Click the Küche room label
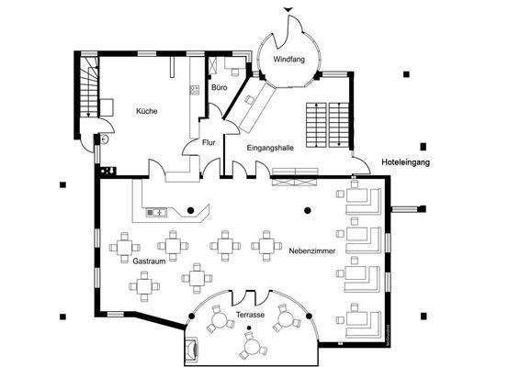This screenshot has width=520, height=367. [146, 111]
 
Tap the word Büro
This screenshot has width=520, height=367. [219, 87]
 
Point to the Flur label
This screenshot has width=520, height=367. [209, 143]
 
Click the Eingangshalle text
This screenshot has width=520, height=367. [270, 147]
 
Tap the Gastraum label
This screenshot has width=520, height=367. [147, 261]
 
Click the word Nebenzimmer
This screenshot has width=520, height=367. [311, 250]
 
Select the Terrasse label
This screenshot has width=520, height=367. [250, 315]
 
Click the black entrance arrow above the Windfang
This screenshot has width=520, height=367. [290, 9]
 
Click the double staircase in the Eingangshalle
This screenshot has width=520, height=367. [326, 122]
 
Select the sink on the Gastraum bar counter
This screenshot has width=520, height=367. [154, 213]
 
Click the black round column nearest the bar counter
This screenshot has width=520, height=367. [191, 211]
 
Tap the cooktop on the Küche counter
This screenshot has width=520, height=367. [195, 90]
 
